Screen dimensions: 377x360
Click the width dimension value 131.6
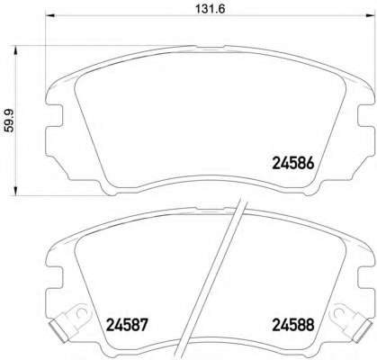pyautogui.click(x=211, y=9)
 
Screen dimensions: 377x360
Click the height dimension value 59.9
pyautogui.click(x=10, y=121)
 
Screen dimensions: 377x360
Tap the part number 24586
pyautogui.click(x=293, y=164)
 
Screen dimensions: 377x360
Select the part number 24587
pyautogui.click(x=128, y=325)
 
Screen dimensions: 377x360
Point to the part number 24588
pyautogui.click(x=293, y=325)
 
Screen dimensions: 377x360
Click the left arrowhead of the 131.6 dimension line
pyautogui.click(x=50, y=16)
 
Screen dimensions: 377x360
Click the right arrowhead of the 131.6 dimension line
pyautogui.click(x=370, y=16)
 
